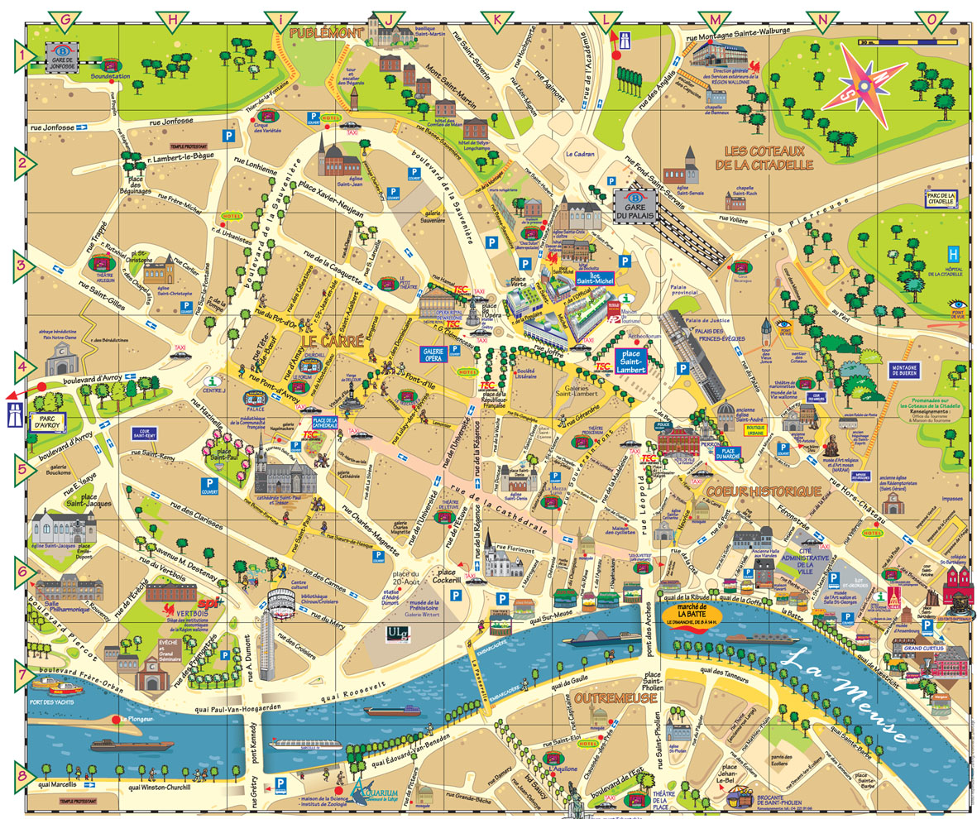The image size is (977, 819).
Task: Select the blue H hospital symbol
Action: pos(953,255)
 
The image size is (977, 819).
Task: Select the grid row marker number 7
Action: pos(22,672)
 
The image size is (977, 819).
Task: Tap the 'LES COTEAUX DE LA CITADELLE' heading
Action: pos(769,158)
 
